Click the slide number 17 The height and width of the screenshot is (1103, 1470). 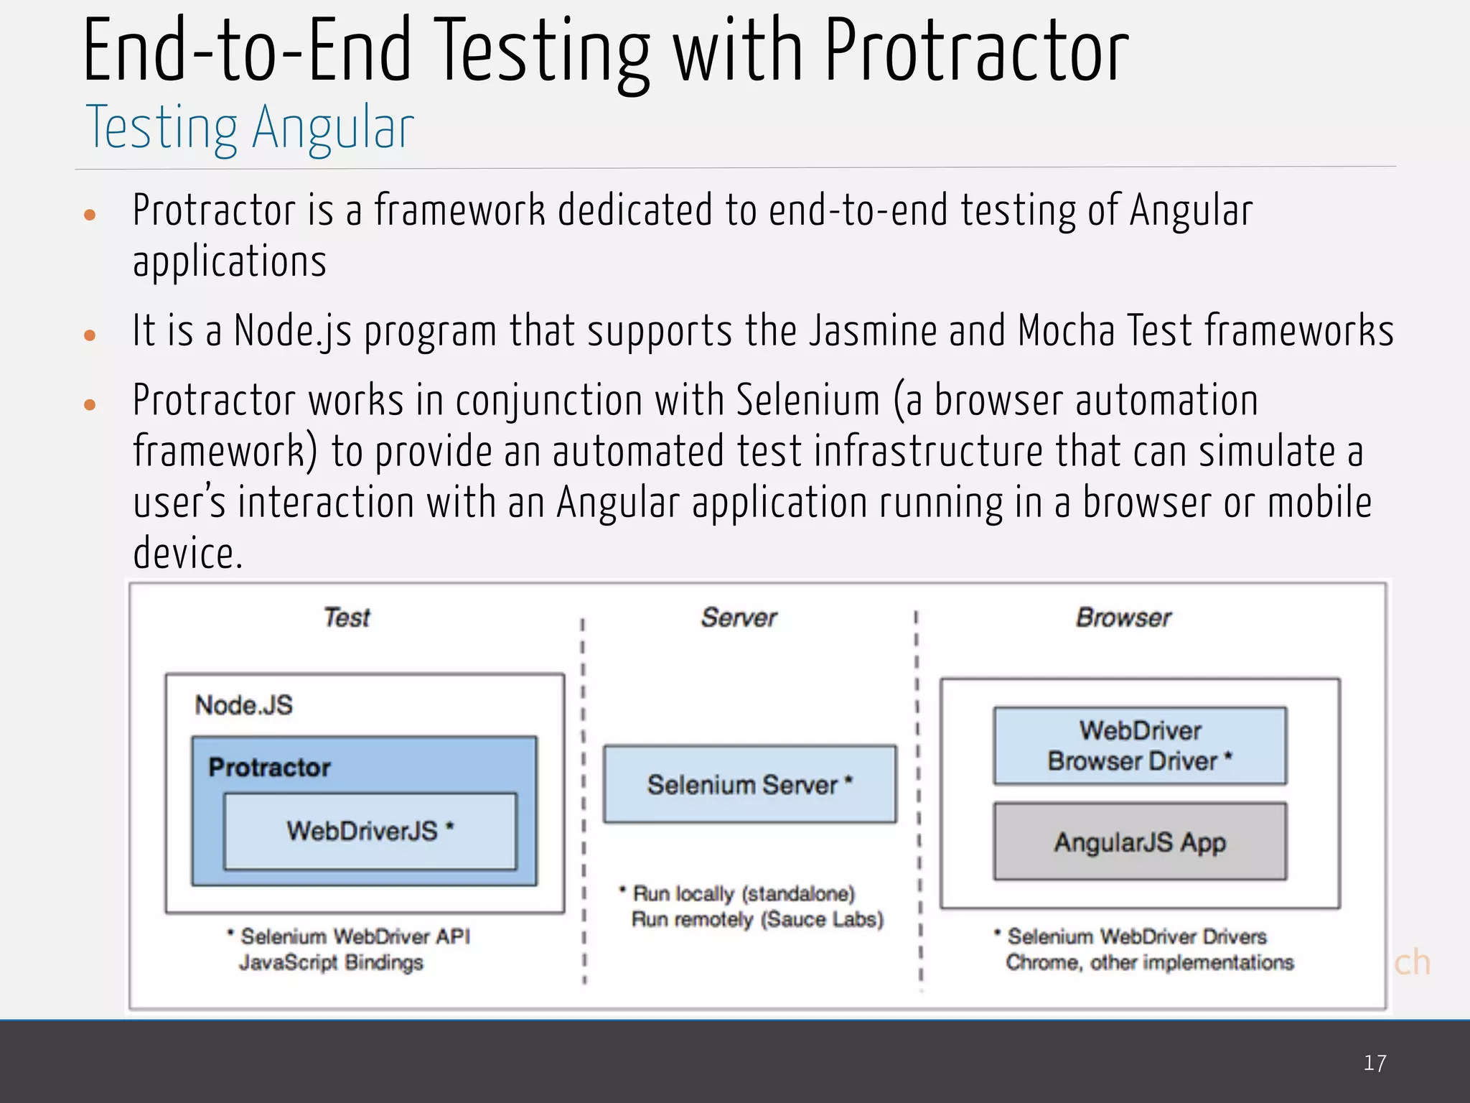[x=1375, y=1063]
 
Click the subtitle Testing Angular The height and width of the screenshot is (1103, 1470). [x=250, y=128]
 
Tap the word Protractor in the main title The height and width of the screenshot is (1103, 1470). [x=976, y=52]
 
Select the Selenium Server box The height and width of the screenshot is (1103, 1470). [x=749, y=784]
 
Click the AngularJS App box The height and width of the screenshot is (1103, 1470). [x=1140, y=842]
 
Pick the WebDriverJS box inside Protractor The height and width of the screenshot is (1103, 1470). [x=370, y=831]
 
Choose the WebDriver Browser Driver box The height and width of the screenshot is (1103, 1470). [x=1140, y=745]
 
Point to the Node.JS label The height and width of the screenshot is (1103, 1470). [x=244, y=705]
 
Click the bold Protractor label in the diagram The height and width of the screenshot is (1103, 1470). [x=269, y=767]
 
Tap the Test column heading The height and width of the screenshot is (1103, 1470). [x=347, y=618]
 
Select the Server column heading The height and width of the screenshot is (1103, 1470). [x=739, y=618]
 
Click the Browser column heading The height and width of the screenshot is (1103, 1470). [x=1123, y=618]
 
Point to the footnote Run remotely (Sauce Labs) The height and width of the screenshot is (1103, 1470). [x=757, y=920]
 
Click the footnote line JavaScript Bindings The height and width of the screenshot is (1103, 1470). [x=331, y=962]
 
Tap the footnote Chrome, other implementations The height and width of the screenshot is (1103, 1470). [x=1149, y=962]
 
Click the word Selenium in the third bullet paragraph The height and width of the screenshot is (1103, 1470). [x=807, y=400]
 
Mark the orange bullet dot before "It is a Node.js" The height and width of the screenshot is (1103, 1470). [x=90, y=335]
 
